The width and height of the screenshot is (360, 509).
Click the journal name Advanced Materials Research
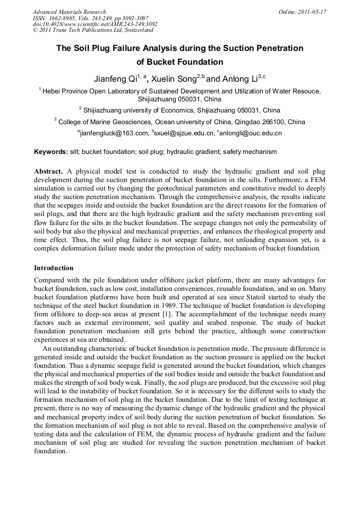(x=69, y=12)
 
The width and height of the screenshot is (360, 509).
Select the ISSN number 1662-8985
(x=62, y=18)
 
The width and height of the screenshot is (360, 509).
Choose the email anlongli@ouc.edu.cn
(x=251, y=133)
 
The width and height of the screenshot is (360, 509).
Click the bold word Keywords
(x=50, y=152)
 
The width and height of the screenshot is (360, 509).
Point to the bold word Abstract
(x=48, y=172)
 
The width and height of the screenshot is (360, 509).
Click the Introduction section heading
(x=54, y=268)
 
